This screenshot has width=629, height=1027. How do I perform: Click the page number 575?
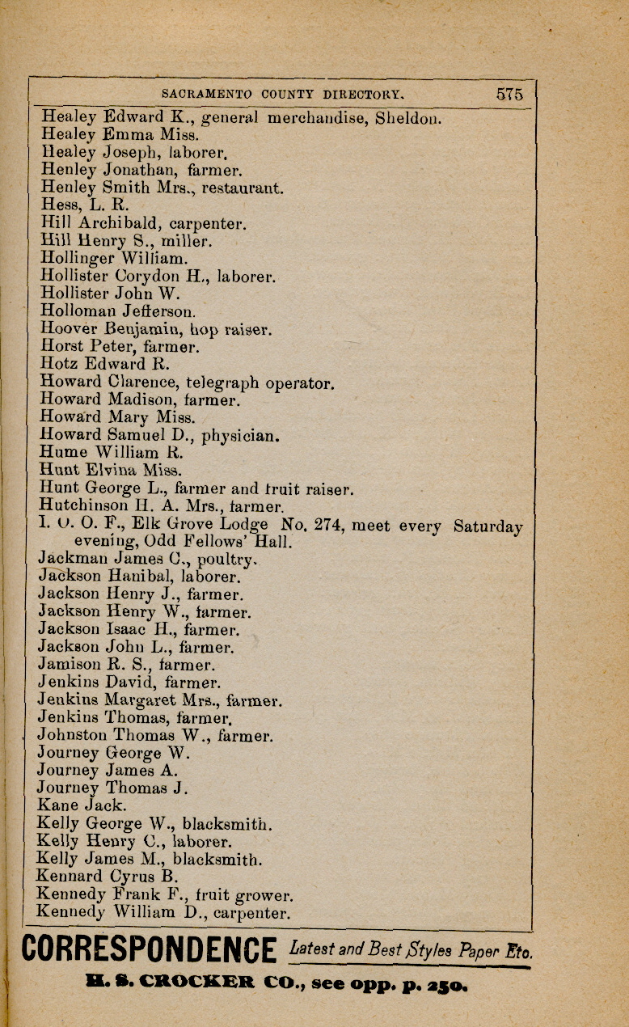click(509, 94)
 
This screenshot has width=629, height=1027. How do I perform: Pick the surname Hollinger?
click(78, 259)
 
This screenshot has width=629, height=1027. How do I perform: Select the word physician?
click(240, 436)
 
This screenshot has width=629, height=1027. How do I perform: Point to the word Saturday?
click(488, 526)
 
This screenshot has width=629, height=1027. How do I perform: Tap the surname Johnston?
click(72, 736)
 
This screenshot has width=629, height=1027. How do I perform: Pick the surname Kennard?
click(70, 876)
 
